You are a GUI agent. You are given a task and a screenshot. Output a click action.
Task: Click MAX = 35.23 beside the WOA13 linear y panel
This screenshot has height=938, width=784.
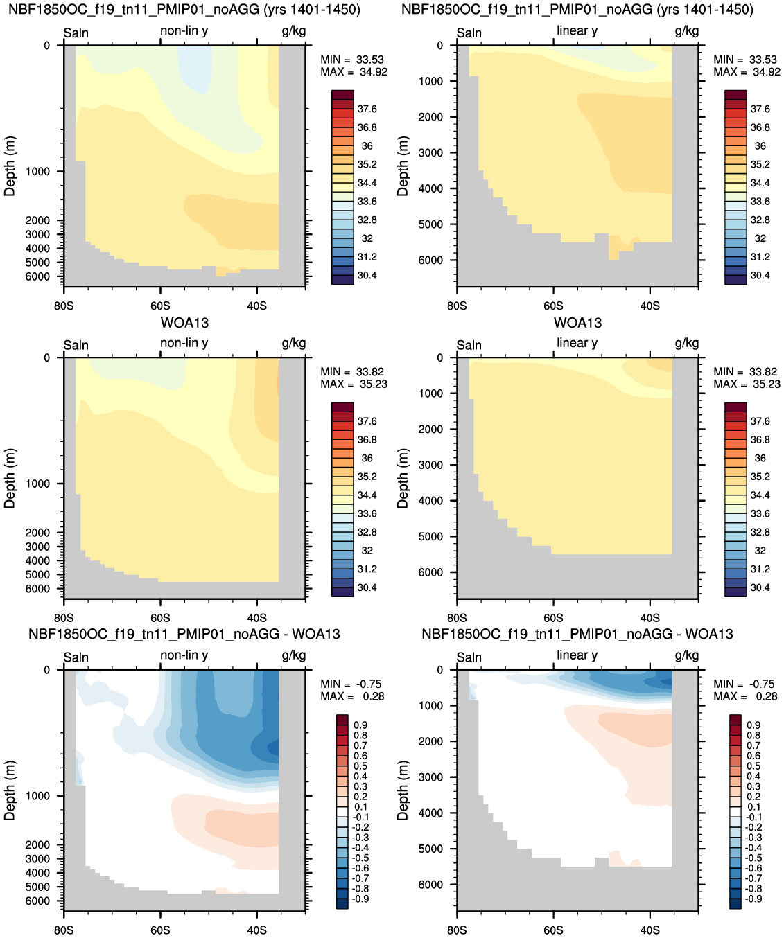[x=747, y=384]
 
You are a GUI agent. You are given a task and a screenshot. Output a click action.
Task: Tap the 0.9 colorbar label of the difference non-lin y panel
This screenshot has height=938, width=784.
[x=360, y=725]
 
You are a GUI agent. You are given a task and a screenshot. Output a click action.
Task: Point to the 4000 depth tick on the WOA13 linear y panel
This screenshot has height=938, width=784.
[x=433, y=500]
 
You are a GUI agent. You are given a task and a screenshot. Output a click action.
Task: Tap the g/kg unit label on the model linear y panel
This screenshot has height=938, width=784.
[x=687, y=31]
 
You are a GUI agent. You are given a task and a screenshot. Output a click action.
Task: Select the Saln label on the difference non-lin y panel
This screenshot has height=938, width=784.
[x=76, y=657]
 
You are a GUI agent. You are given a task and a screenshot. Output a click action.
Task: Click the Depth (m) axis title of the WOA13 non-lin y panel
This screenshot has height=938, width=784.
[x=10, y=478]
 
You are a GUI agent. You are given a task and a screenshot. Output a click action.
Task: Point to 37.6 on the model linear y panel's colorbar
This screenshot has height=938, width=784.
[x=760, y=109]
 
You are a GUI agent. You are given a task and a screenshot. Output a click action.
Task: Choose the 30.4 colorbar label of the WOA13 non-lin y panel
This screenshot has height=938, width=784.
[x=367, y=587]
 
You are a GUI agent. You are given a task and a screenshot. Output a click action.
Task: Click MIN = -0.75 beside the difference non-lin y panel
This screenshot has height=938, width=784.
[x=351, y=684]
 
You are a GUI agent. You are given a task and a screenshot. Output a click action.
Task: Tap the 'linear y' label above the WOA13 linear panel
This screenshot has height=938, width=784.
[x=577, y=343]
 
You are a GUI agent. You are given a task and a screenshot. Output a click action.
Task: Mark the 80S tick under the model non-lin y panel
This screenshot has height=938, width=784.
[x=64, y=306]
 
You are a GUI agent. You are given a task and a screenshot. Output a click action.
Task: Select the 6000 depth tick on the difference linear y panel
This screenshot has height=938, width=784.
[x=433, y=884]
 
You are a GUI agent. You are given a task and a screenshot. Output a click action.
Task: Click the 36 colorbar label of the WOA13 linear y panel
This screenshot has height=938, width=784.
[x=760, y=458]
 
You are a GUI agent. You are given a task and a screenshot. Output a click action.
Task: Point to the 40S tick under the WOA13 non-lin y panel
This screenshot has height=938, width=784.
[x=256, y=618]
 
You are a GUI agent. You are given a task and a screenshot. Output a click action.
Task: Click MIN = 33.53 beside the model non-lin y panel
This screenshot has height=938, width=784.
[x=352, y=60]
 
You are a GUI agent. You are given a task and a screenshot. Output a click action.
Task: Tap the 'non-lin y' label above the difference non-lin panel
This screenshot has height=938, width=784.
[x=184, y=655]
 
